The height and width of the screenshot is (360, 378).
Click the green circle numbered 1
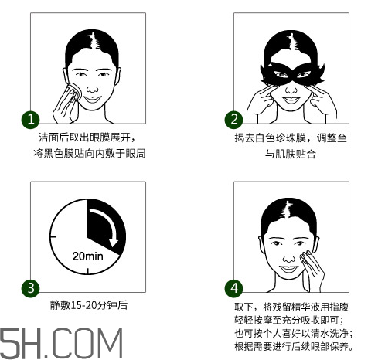click(x=30, y=120)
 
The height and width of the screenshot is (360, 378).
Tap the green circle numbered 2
click(x=233, y=120)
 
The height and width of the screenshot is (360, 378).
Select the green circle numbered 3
click(x=30, y=288)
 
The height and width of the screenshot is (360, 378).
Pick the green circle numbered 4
click(x=233, y=288)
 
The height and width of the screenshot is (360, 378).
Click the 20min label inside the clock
click(x=87, y=256)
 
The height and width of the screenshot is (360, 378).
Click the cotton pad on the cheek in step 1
click(x=76, y=91)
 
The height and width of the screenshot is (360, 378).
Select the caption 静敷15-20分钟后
click(x=89, y=305)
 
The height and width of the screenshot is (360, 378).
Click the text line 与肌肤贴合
click(x=291, y=154)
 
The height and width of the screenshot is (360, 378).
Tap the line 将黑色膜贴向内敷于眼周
click(x=89, y=153)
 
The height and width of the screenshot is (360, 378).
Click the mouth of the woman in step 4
click(x=289, y=270)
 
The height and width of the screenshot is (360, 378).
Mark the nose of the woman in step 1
click(x=92, y=89)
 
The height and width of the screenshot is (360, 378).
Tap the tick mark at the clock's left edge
click(x=53, y=236)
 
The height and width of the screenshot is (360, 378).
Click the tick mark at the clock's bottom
click(x=87, y=271)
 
